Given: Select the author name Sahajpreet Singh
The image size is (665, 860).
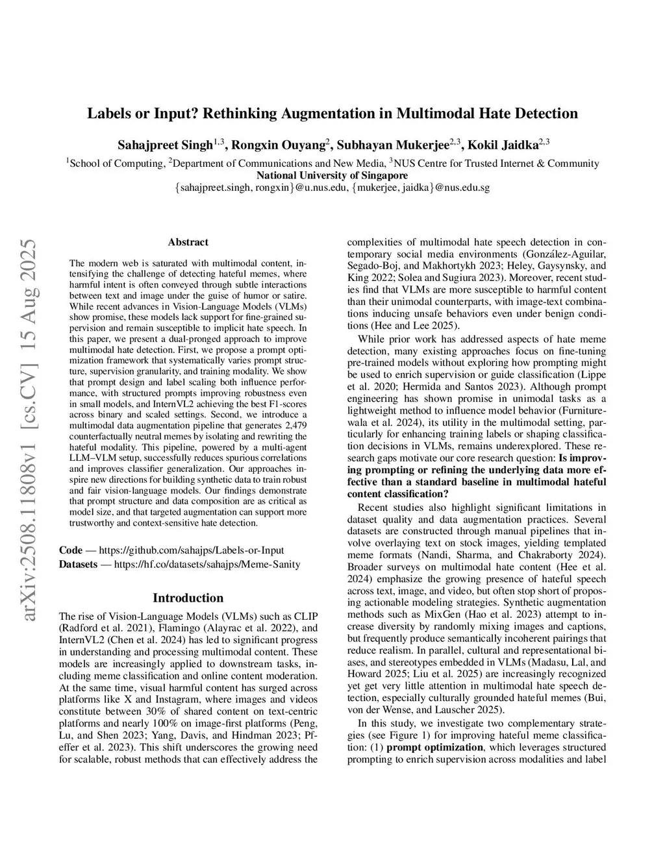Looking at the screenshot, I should (165, 145).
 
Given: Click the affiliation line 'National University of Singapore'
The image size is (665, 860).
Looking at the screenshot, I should (332, 175).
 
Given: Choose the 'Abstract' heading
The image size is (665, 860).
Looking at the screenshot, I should (188, 242).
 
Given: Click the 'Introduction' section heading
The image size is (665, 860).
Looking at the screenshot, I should (188, 598).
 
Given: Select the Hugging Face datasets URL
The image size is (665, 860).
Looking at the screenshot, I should (207, 564).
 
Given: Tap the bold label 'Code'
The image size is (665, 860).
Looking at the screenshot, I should (71, 550).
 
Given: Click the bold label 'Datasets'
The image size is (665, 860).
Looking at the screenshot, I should (78, 564).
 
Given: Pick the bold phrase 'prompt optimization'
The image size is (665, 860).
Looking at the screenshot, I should (434, 746).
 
